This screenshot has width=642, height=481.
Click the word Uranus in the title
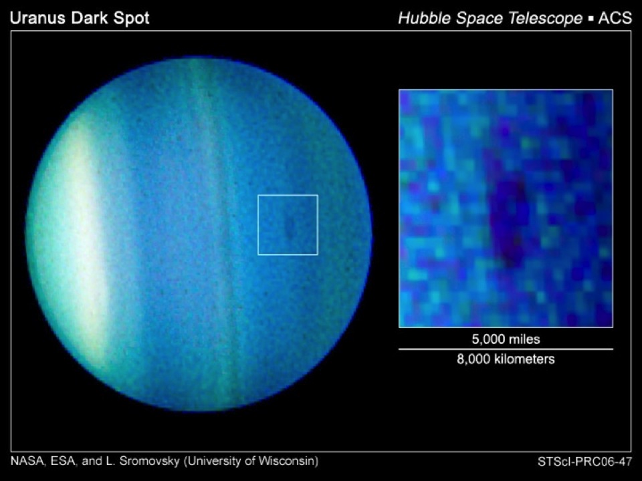click(37, 18)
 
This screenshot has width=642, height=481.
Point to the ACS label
click(615, 18)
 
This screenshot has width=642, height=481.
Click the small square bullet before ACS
click(590, 19)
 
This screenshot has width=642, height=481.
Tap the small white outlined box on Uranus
click(258, 225)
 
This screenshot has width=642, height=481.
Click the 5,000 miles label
click(506, 339)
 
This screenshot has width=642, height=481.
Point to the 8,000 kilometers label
click(506, 359)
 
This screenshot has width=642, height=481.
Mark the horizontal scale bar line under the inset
click(506, 349)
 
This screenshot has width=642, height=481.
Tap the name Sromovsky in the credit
click(149, 462)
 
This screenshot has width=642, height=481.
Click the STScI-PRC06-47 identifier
click(584, 462)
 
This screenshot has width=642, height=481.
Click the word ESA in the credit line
click(62, 461)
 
